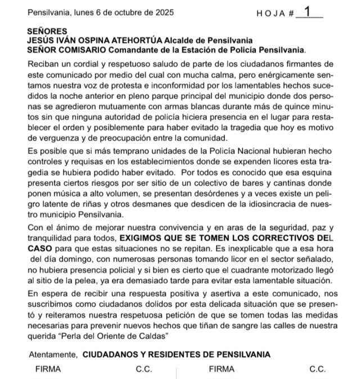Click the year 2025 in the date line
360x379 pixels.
(163, 12)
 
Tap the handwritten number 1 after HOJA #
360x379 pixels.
(307, 11)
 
